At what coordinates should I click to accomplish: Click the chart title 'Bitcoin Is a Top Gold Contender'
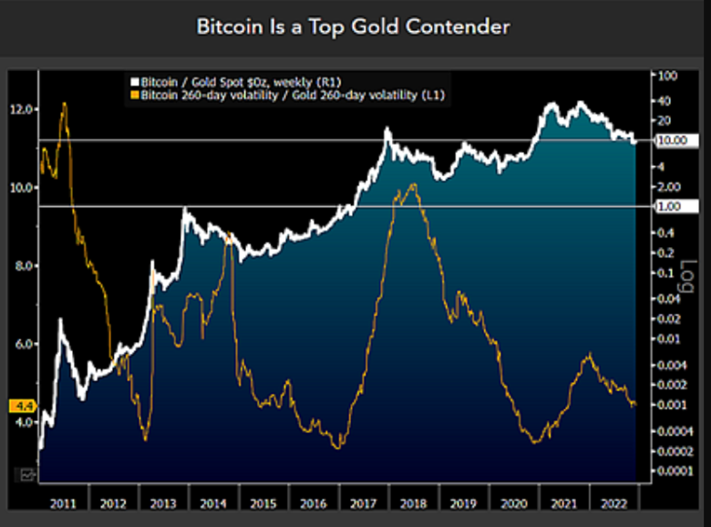354,27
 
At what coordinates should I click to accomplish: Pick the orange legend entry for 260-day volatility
288,94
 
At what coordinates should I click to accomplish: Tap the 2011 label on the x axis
64,502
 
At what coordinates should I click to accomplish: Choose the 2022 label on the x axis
612,502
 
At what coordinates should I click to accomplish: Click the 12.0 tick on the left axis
22,109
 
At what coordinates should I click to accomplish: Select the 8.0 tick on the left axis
22,265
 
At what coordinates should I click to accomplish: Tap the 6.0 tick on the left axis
22,344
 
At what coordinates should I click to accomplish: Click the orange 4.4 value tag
21,405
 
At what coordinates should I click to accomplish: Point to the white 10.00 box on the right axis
675,141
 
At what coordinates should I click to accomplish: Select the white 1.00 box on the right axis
674,207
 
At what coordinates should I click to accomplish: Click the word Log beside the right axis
676,279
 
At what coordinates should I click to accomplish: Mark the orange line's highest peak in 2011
64,103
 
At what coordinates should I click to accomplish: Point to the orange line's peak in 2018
414,185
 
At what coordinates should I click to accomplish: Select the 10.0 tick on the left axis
22,188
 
